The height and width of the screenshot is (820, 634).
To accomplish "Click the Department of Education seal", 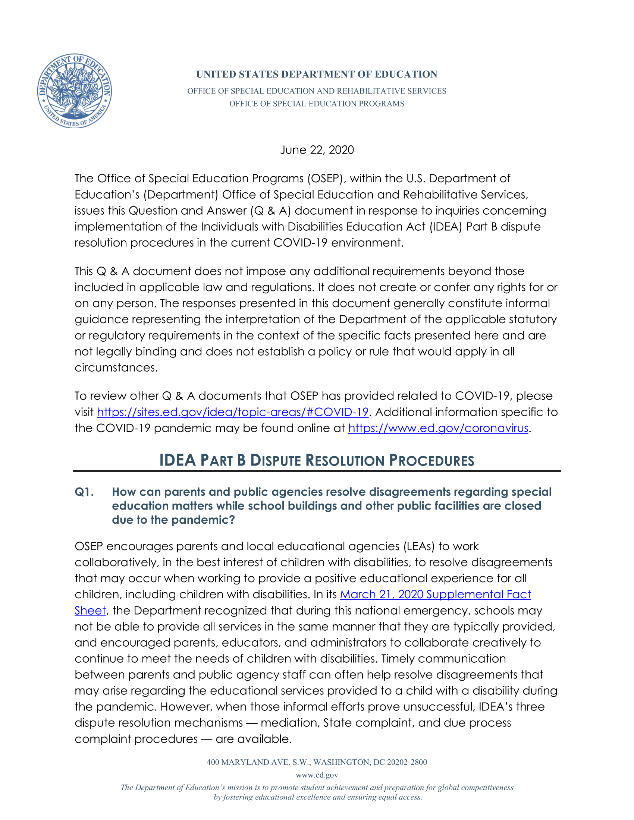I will click(x=74, y=91).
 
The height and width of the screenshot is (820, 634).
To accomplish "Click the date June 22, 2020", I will click(x=317, y=150).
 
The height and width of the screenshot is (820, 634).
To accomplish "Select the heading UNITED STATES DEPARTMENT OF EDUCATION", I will click(x=317, y=74).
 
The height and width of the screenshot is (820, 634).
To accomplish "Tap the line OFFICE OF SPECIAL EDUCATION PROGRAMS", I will click(x=317, y=104).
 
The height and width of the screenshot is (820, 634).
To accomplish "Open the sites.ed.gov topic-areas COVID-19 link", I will click(x=232, y=412).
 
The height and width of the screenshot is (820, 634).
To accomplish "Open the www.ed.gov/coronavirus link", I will click(x=438, y=428).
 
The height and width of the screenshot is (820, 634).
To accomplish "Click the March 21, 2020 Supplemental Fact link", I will click(x=435, y=594).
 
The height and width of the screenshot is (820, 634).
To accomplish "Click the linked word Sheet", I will click(x=90, y=611).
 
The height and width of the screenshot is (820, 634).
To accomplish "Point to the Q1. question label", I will click(x=84, y=492).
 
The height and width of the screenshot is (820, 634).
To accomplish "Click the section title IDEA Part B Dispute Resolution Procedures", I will click(x=317, y=460).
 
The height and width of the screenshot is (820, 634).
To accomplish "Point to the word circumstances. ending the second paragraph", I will click(x=116, y=368).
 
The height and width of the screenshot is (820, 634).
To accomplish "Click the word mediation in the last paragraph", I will click(x=290, y=723).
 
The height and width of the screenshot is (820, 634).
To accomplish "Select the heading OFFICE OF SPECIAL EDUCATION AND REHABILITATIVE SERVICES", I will click(x=317, y=91).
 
